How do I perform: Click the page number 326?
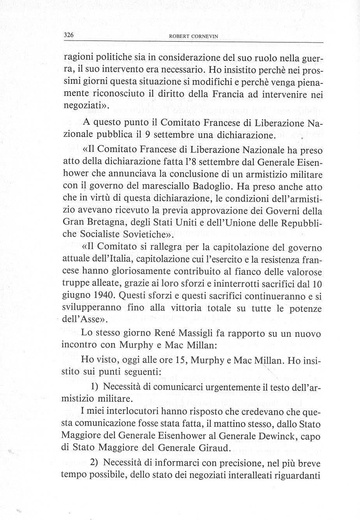point(69,35)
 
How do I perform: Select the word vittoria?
point(182,308)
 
